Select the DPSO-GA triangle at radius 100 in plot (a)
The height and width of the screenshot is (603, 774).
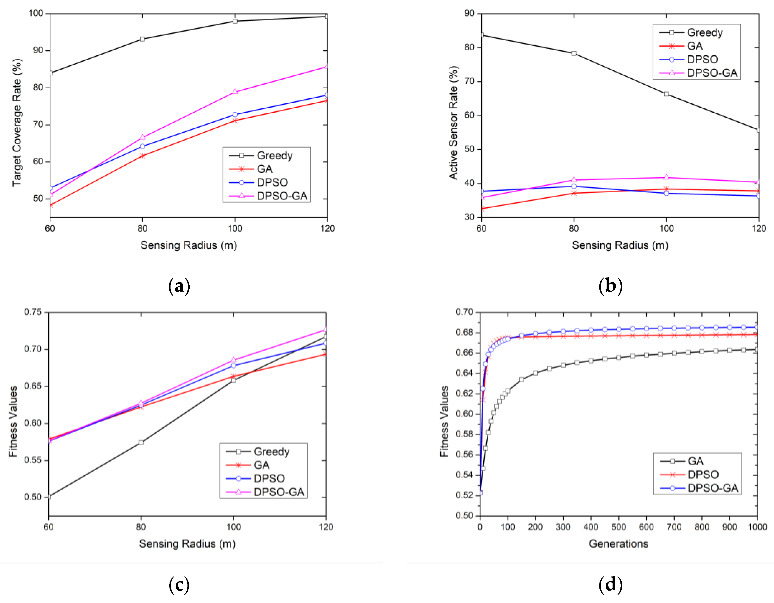(235, 92)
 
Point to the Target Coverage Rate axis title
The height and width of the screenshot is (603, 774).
(17, 122)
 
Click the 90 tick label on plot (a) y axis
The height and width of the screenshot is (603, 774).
(37, 50)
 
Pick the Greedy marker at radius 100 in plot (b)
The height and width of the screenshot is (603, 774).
(666, 94)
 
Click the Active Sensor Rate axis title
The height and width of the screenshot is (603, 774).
(453, 122)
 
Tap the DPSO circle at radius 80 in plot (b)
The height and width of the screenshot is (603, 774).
(574, 186)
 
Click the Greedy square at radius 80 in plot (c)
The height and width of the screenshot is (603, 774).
(141, 442)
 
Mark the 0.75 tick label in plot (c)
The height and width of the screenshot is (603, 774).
(33, 312)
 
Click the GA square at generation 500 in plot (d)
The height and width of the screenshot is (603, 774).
(619, 358)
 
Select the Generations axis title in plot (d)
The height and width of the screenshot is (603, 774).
(619, 544)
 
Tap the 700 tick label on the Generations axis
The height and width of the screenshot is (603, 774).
(674, 527)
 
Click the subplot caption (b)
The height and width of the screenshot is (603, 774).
(610, 286)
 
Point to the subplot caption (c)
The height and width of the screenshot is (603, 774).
(179, 585)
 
